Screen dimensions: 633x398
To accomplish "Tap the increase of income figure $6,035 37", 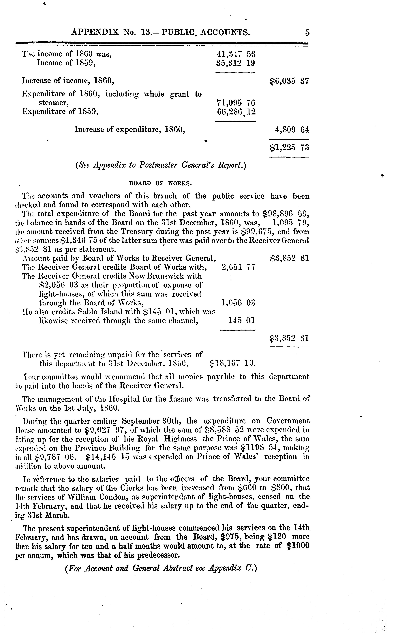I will (x=289, y=81).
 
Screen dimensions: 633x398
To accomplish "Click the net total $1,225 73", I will (x=289, y=147).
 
